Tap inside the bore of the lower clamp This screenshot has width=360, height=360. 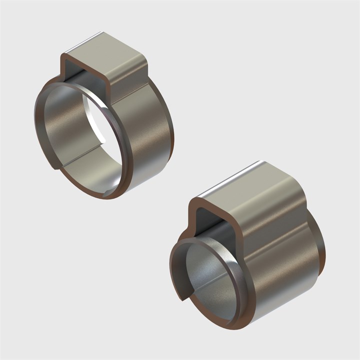point(210,280)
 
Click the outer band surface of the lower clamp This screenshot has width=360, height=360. point(285,270)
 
